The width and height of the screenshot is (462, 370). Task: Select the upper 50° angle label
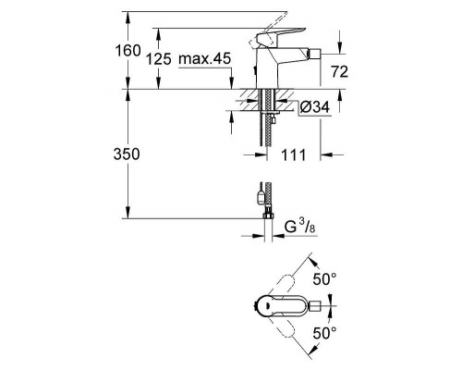coord(326,277)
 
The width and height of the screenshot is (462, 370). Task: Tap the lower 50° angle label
coord(326,330)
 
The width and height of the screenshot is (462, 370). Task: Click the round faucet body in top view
coord(264,303)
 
